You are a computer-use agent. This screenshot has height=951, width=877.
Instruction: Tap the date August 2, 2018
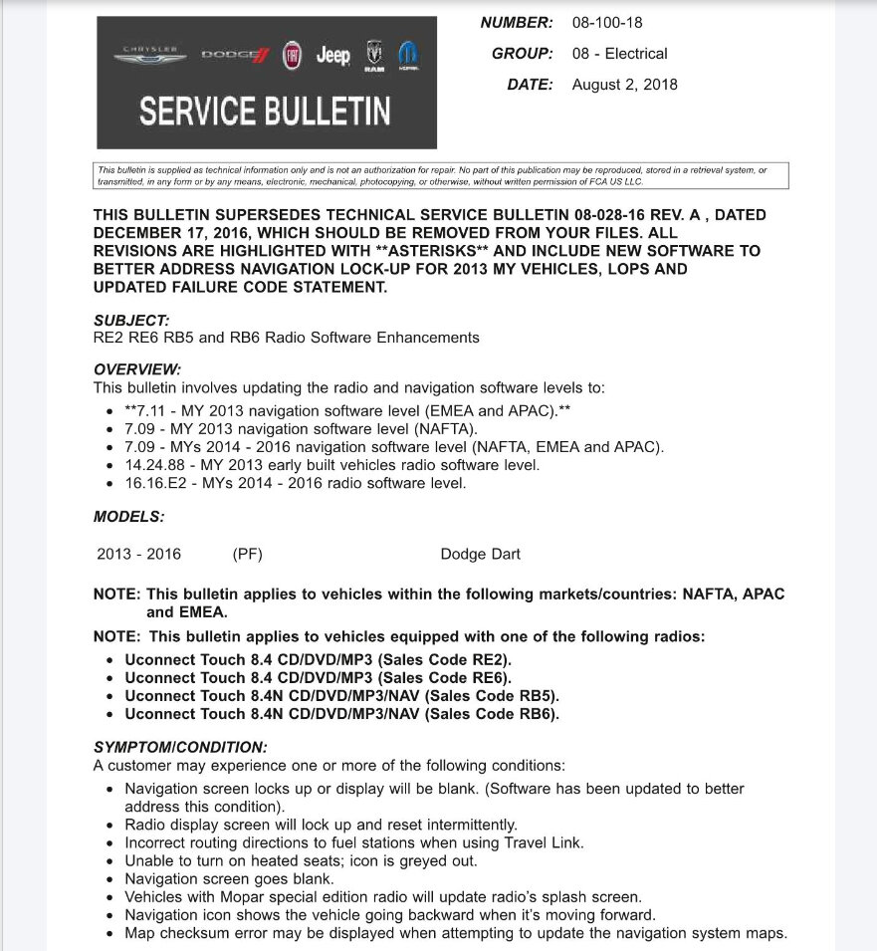[x=624, y=85]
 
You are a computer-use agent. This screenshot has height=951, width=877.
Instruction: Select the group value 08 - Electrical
[x=619, y=54]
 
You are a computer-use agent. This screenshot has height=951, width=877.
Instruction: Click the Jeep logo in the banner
[x=332, y=56]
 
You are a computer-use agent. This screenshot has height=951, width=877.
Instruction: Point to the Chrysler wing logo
[x=149, y=55]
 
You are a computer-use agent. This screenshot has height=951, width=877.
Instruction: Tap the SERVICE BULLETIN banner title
[x=265, y=111]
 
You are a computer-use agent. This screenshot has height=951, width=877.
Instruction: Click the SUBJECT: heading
[x=131, y=320]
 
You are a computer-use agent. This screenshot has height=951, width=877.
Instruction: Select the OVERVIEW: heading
[x=137, y=369]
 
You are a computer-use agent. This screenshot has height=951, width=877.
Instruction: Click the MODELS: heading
[x=129, y=517]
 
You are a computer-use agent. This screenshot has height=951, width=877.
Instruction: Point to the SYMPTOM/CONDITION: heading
[x=180, y=747]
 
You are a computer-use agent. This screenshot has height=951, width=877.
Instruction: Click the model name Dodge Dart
[x=480, y=555]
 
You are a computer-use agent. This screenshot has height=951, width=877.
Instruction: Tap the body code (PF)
[x=247, y=555]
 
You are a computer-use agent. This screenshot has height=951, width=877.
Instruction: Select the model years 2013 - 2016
[x=138, y=555]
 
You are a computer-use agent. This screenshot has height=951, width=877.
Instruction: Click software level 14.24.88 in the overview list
[x=155, y=465]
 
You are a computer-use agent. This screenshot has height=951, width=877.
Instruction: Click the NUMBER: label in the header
[x=516, y=22]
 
